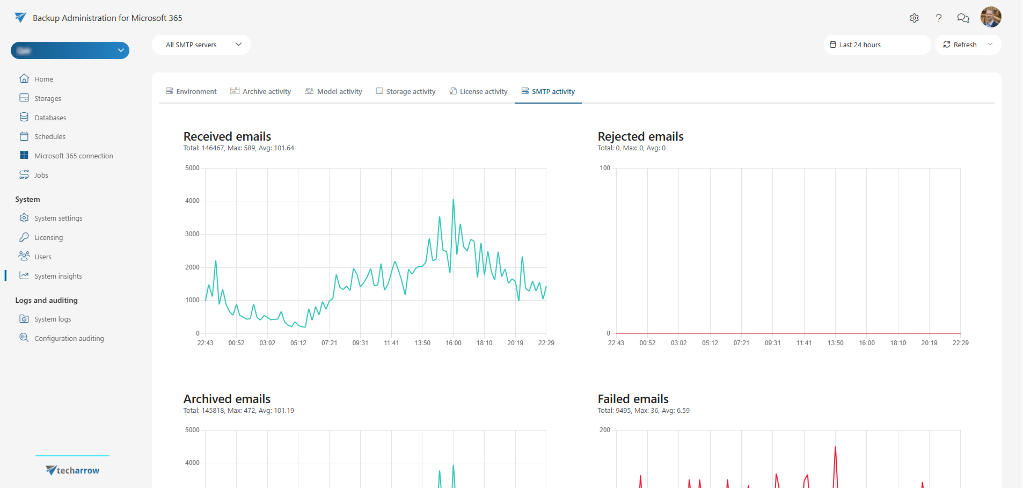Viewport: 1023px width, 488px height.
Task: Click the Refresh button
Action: click(x=960, y=45)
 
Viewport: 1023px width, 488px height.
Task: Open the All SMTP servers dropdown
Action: click(x=201, y=45)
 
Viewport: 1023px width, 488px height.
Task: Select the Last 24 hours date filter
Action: click(x=876, y=45)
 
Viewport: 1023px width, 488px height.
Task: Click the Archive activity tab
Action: click(x=261, y=91)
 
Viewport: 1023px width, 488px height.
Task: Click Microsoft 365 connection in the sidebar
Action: click(x=74, y=156)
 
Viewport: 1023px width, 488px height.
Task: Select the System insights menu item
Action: click(x=58, y=276)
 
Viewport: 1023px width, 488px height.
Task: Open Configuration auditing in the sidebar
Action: click(x=69, y=338)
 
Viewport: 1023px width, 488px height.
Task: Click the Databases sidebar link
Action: click(x=50, y=118)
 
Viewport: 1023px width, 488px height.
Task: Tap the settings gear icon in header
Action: click(x=914, y=18)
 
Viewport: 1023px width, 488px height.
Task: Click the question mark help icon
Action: click(x=938, y=18)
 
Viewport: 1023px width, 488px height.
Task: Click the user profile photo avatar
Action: click(x=990, y=17)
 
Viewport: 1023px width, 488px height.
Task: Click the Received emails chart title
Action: click(x=227, y=136)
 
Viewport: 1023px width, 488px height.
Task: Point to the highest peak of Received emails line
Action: click(x=453, y=200)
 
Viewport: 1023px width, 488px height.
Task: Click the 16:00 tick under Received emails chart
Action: click(x=453, y=343)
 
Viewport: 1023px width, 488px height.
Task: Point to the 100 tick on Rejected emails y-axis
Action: click(x=605, y=168)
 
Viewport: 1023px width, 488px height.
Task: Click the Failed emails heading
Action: click(x=633, y=399)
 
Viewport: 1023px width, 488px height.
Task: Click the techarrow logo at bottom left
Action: click(x=72, y=470)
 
